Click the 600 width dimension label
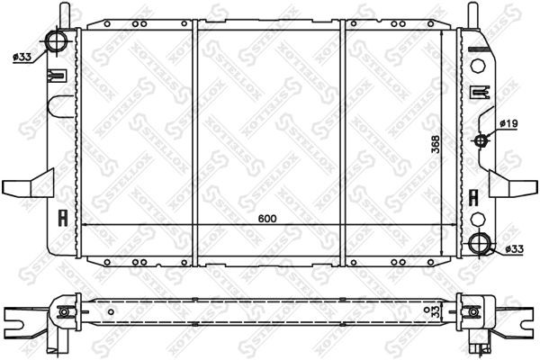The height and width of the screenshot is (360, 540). [267, 219]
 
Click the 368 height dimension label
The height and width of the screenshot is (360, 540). [436, 144]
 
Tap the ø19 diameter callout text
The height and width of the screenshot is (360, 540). [509, 123]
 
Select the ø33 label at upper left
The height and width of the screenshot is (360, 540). [22, 58]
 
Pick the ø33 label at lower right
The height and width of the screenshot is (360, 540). [515, 248]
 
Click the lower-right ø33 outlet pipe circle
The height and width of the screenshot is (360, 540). [480, 243]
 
